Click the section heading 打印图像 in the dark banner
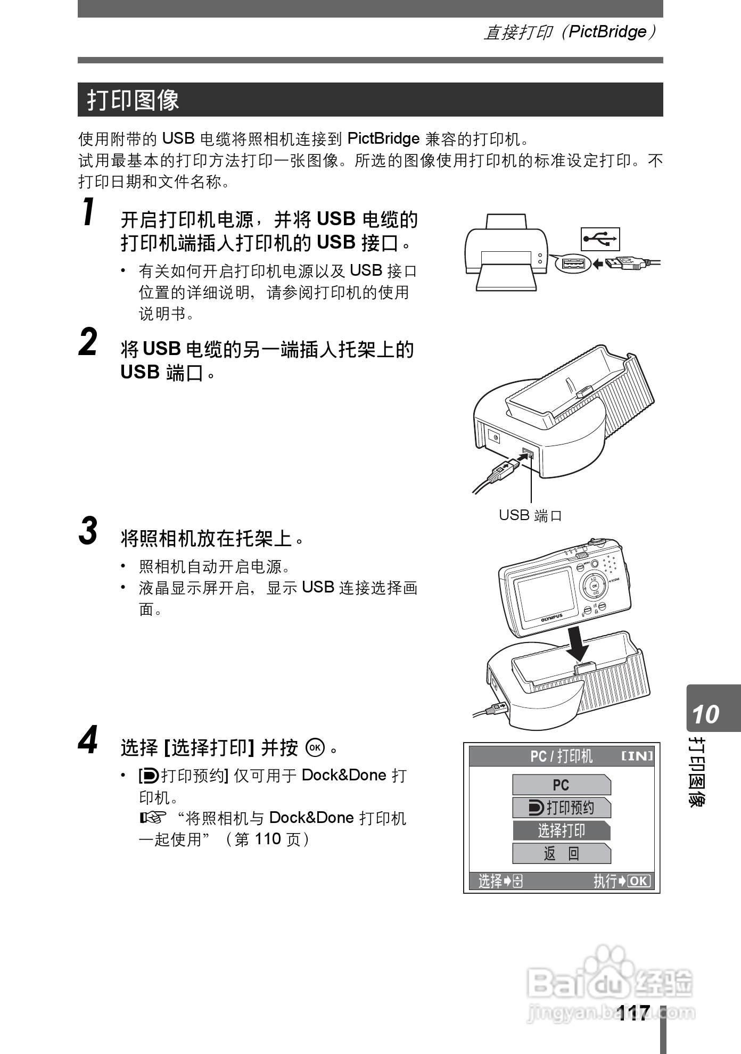coord(133,100)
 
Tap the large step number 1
coord(89,211)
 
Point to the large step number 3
coord(88,531)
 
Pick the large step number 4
coord(88,739)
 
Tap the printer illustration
coord(506,252)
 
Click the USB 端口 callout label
coord(530,515)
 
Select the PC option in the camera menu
coord(562,785)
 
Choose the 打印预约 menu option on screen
coord(562,808)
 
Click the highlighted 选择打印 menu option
coord(562,830)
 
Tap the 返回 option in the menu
coord(562,853)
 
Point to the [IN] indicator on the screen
coord(637,756)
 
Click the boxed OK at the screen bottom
coord(639,881)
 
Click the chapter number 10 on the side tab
coord(705,714)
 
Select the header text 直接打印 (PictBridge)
coord(570,32)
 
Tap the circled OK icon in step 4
coord(315,747)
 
